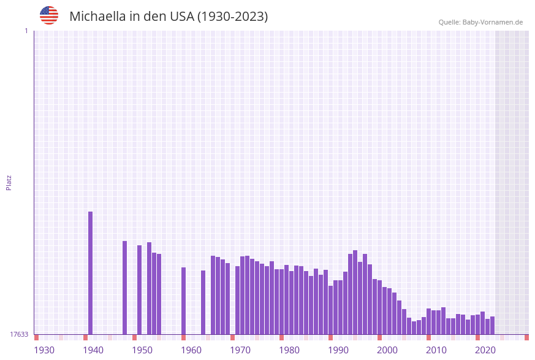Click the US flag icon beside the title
coord(49,15)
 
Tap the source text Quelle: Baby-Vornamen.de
coord(480,22)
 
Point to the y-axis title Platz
coord(9,182)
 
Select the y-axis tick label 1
coord(26,31)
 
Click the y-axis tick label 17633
coord(19,334)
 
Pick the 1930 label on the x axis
coord(44,350)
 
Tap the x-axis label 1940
coord(93,350)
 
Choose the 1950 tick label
coord(142,350)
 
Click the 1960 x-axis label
coord(191,350)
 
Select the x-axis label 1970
coord(240,350)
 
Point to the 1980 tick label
coord(289,350)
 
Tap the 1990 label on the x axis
coord(338,350)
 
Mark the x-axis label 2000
coord(387,350)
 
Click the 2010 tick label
coord(436,350)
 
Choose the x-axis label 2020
coord(485,350)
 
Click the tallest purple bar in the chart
coord(91,273)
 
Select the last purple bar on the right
coord(493,326)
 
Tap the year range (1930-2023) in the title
coord(232,17)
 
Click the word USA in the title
coord(181,17)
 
